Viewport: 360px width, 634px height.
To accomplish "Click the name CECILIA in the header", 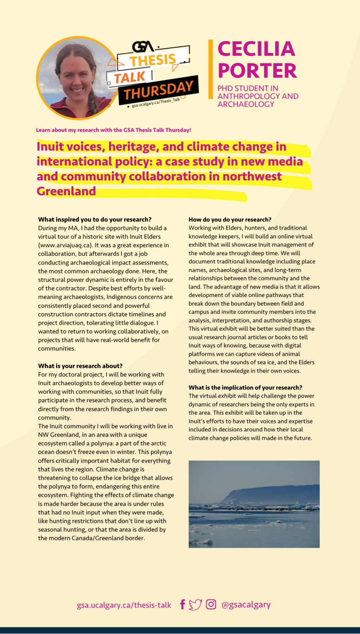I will point(256,49).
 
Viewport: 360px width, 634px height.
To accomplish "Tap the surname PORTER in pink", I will point(257,71).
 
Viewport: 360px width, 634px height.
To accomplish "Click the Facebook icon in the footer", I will point(183,605).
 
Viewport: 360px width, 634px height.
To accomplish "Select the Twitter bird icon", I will point(195,605).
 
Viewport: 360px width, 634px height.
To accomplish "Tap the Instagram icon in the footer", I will point(211,604).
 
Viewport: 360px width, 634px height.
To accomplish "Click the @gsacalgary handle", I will point(246,605).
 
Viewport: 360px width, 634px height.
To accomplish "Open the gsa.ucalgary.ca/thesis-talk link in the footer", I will point(124,605).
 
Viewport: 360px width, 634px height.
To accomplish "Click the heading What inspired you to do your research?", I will point(95,219).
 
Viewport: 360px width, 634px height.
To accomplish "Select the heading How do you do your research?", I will point(230,219).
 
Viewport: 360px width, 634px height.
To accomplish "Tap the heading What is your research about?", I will point(80,366).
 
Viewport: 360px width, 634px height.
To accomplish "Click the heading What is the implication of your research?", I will point(245,387).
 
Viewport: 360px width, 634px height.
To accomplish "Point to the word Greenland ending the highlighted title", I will point(66,191).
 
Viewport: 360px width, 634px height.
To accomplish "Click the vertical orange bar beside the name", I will point(210,69).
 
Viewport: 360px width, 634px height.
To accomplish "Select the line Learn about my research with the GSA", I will point(113,130).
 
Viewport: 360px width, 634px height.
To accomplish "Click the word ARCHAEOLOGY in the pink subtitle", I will point(245,104).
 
